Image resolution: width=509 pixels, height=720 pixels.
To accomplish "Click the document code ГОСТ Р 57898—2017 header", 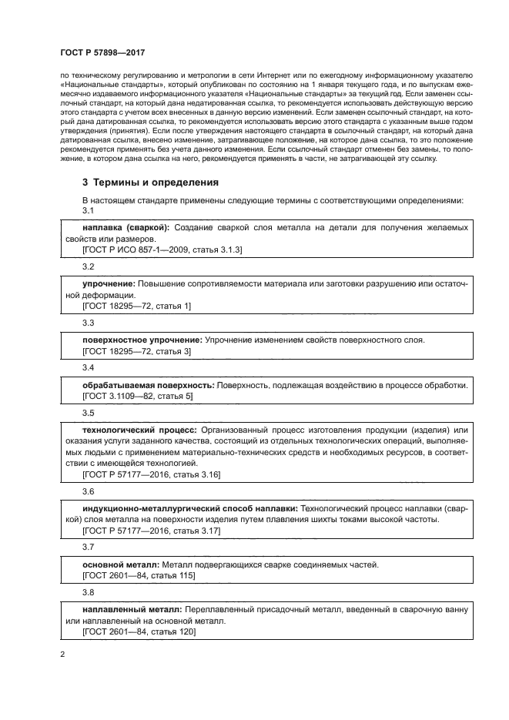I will (102, 51).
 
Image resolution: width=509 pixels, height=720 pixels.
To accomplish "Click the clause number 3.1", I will (89, 211).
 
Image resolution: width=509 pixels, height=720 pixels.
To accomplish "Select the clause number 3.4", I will (89, 368).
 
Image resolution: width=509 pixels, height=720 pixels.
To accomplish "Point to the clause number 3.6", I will (89, 491).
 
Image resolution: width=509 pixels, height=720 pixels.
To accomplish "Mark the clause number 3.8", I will (89, 592).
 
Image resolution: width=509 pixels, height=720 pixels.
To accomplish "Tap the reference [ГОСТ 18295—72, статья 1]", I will (136, 306).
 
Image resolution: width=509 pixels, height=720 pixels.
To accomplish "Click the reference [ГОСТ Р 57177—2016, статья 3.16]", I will (151, 474).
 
